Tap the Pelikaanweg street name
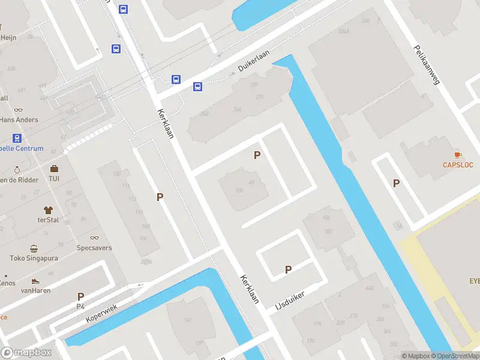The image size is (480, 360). point(427,65)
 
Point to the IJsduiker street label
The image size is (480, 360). point(290,298)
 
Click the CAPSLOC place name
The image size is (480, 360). point(458,164)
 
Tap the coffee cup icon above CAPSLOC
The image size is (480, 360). point(458,155)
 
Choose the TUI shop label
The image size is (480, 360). point(54,179)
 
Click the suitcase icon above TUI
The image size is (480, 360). point(54,169)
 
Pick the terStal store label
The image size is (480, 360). point(49,220)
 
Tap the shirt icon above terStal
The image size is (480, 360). point(49,210)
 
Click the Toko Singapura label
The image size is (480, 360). point(34,259)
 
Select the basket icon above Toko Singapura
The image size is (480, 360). point(34,249)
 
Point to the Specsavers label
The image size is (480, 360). point(94,248)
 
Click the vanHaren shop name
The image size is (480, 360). point(35,290)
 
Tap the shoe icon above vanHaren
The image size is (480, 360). point(35,281)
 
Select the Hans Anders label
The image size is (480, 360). point(19,119)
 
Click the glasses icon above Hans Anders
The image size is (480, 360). point(18,110)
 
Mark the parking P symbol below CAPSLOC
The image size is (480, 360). point(396,183)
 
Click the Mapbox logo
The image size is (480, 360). point(26,353)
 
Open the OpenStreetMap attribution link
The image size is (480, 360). point(456,356)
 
